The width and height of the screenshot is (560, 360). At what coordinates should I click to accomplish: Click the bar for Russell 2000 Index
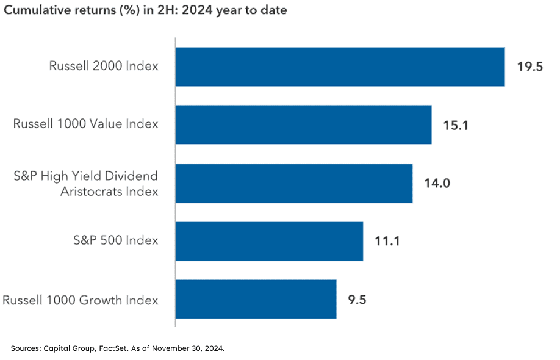(x=340, y=67)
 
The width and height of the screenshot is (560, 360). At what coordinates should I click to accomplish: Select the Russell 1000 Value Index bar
(x=303, y=124)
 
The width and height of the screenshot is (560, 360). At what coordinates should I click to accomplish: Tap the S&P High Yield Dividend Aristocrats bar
(x=293, y=182)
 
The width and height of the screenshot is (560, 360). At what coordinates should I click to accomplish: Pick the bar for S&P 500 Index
(x=269, y=241)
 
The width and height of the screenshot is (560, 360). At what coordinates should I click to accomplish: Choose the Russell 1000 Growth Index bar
(x=256, y=299)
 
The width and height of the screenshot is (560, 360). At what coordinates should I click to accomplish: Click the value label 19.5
(x=529, y=67)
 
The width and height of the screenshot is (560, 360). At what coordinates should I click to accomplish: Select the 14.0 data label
(x=437, y=183)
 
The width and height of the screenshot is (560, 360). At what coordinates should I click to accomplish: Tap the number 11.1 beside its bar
(x=387, y=241)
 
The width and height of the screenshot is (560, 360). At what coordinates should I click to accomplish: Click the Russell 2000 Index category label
(x=104, y=67)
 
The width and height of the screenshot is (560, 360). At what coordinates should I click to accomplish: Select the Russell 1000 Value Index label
(x=85, y=124)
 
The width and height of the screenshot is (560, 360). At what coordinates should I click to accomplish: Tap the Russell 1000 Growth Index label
(x=81, y=300)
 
